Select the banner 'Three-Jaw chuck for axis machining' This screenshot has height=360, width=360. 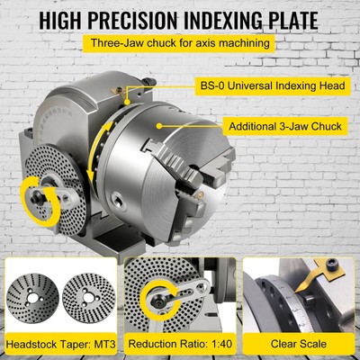tap(180, 43)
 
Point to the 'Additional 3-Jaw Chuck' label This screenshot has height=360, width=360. tap(285, 126)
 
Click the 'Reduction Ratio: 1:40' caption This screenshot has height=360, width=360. tap(179, 346)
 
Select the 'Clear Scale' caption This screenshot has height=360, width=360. tap(300, 346)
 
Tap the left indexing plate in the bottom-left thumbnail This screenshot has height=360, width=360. tap(32, 297)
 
